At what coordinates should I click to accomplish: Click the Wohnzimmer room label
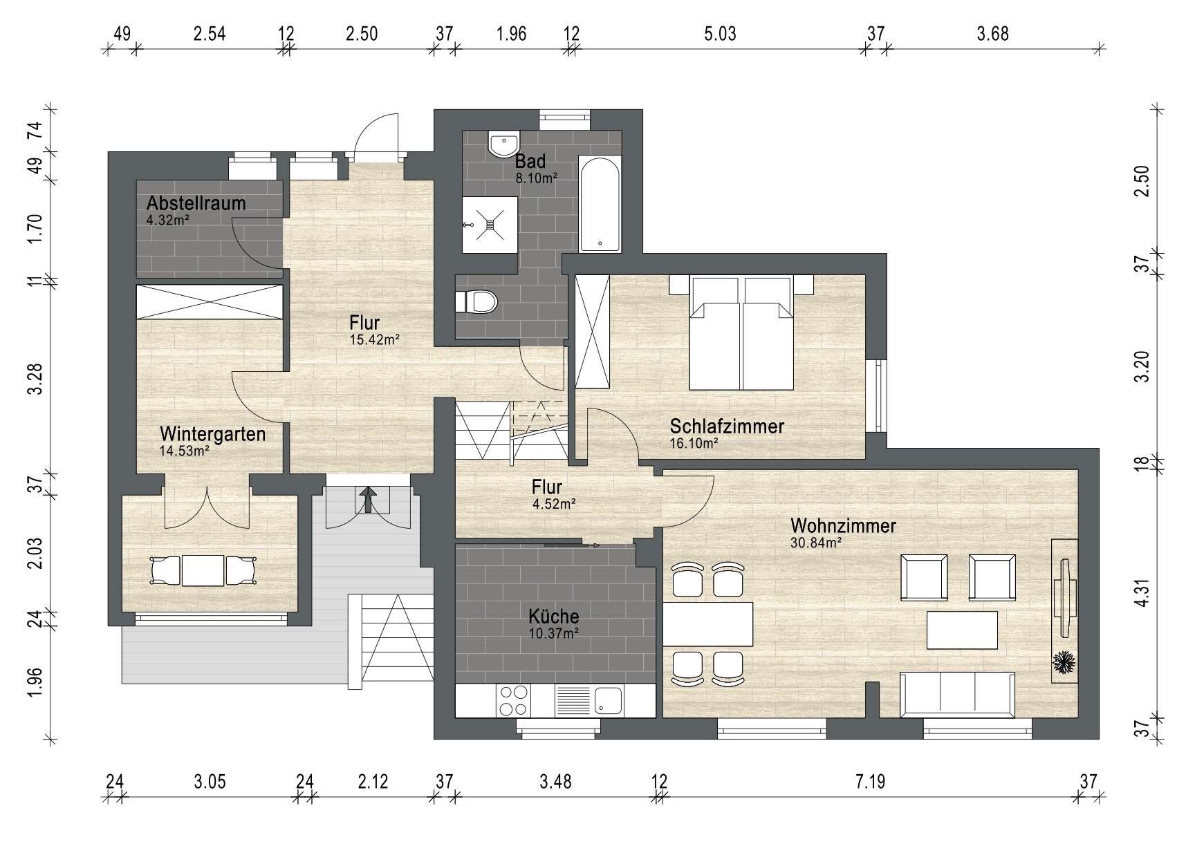pos(844,526)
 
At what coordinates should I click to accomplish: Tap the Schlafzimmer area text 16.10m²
pos(694,444)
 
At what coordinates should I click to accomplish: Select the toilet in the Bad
pos(476,302)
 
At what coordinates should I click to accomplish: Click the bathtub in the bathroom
pos(600,205)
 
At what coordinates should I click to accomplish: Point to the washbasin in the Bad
pos(503,144)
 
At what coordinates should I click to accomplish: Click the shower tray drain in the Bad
pos(490,224)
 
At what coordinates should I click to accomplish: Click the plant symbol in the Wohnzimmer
pos(1064,663)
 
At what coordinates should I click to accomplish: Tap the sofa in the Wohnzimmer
pos(957,694)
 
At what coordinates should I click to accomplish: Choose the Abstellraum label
pos(196,203)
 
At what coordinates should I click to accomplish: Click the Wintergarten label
pos(213,434)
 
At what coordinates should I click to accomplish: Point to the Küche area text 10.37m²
pos(553,631)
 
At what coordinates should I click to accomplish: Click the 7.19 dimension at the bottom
pos(869,782)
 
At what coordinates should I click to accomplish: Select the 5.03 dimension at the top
pos(720,33)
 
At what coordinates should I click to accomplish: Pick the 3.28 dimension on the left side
pos(35,380)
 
